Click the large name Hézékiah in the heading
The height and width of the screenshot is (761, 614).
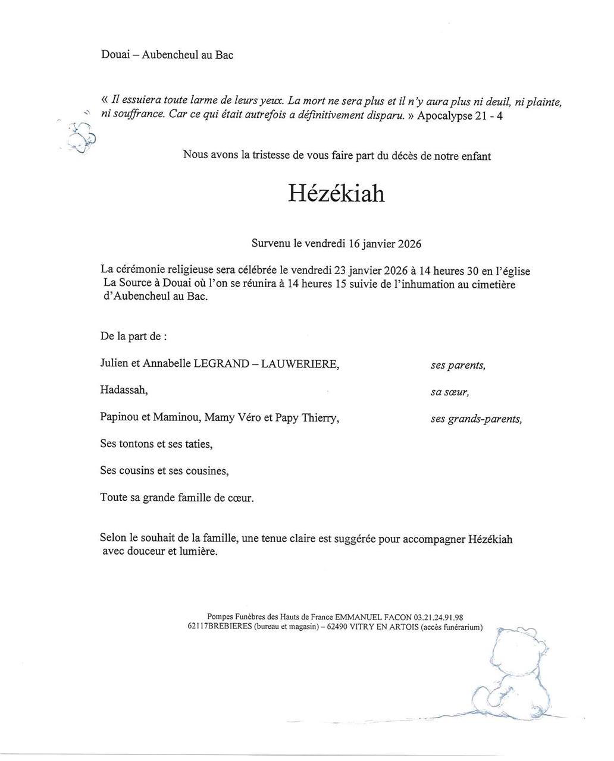(336, 193)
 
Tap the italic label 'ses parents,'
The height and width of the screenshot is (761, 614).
(458, 366)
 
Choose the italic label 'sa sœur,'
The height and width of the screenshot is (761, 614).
(449, 392)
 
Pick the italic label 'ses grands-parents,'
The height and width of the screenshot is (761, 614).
(476, 419)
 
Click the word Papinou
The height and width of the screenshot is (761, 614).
(119, 417)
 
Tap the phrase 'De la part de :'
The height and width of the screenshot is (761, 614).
(133, 337)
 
